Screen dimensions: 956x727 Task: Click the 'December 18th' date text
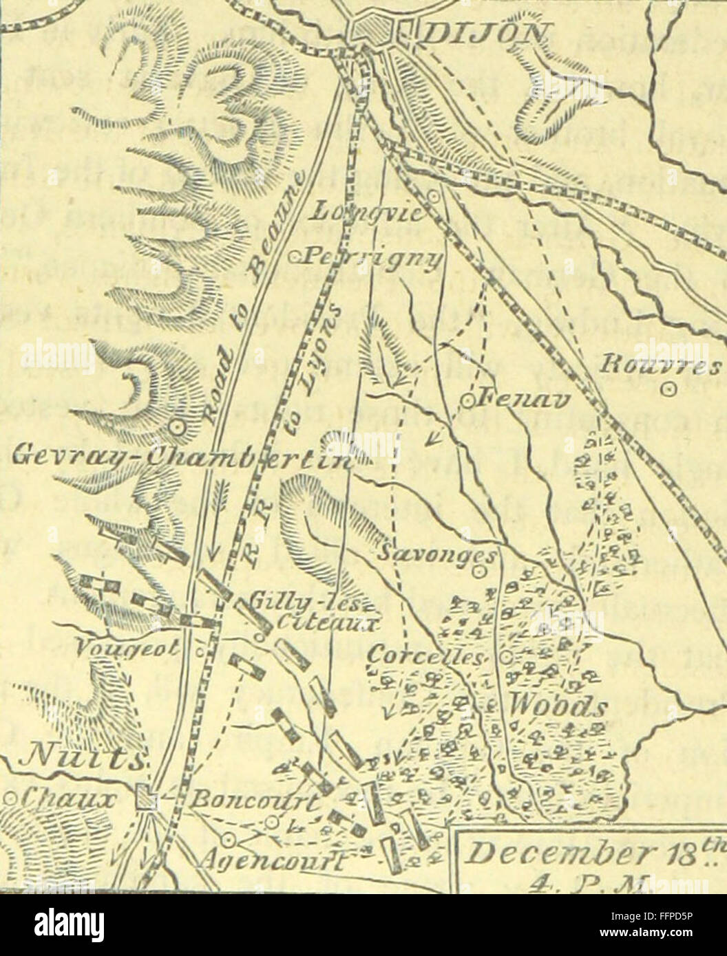[585, 855]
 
